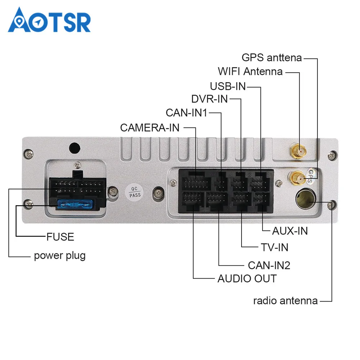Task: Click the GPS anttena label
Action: [x=271, y=58]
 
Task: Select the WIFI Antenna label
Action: [x=250, y=71]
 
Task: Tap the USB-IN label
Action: [x=228, y=86]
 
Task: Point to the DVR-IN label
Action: [x=210, y=99]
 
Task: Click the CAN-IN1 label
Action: [x=186, y=113]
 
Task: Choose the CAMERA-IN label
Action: [x=149, y=127]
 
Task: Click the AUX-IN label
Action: [x=290, y=231]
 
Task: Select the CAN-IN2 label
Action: [x=269, y=265]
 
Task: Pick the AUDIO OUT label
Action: [x=247, y=278]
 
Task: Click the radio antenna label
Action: [x=285, y=301]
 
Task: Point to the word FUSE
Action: [x=60, y=237]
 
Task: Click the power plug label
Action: [x=60, y=256]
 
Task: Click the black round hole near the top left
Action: [x=75, y=148]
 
